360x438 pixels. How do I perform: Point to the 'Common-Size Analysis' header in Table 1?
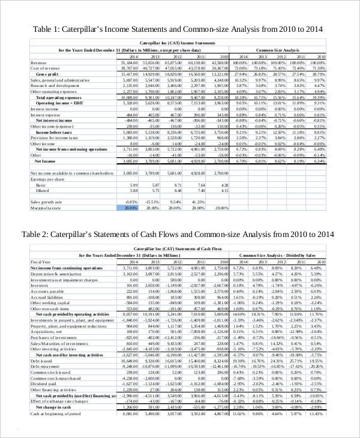click(277, 50)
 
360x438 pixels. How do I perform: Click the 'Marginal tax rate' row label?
click(47, 208)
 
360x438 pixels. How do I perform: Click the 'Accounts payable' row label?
click(47, 291)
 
